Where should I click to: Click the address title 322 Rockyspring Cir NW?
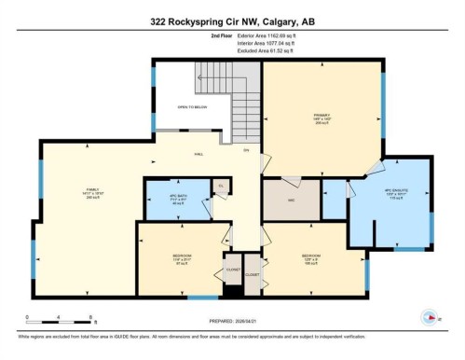232,20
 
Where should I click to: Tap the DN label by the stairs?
246,150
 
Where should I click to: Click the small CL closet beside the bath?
222,187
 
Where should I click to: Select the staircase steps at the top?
224,93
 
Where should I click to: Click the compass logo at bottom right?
430,316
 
